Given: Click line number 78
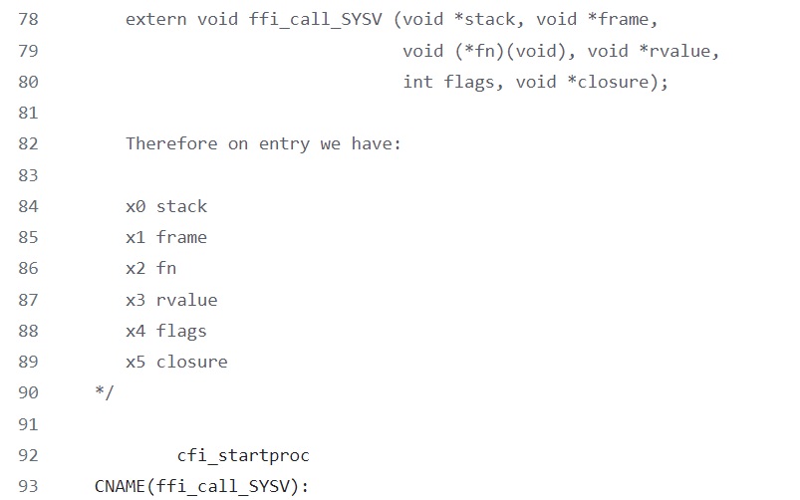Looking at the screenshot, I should (28, 19).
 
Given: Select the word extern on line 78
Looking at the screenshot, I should (155, 19).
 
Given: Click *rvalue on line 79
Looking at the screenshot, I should (683, 51).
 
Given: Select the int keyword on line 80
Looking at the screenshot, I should (417, 82).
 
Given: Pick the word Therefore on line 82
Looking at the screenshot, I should (171, 143).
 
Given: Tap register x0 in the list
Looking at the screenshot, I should (135, 206).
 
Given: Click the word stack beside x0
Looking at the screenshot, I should (181, 206).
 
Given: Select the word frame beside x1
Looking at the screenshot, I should (181, 237).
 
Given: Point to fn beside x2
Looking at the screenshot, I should (166, 268).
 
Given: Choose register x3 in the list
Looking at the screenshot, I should (135, 300).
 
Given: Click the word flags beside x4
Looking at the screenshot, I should (181, 331).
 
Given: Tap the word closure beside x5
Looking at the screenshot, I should (191, 362).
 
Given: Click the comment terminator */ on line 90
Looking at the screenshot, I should (105, 392).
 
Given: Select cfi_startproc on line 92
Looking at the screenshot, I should (243, 455).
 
